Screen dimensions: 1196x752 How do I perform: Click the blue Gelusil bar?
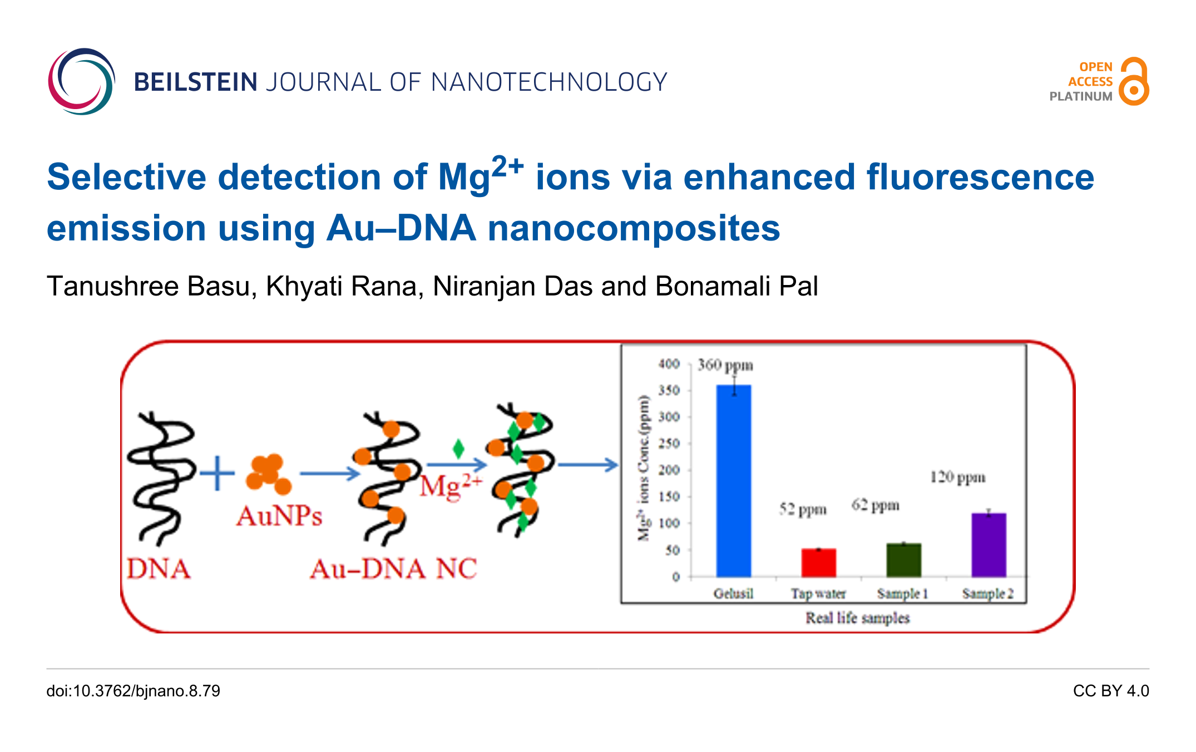point(734,480)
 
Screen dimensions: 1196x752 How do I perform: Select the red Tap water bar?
point(819,563)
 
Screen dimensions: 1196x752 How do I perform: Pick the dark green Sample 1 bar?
point(904,560)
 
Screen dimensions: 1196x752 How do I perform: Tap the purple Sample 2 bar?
point(989,545)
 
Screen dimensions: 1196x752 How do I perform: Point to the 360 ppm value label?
point(725,365)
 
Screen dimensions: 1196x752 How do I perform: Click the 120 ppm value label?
point(958,477)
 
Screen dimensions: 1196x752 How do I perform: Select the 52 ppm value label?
point(803,509)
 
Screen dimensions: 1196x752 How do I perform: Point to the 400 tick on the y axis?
point(669,363)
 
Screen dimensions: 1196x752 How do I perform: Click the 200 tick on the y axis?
point(669,470)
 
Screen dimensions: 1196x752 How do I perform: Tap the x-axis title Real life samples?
point(858,618)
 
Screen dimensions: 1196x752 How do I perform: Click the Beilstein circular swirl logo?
point(81,81)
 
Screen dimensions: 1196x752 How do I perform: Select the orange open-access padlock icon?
point(1134,81)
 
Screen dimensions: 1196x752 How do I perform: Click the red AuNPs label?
point(279,516)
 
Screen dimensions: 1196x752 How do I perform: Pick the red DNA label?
point(159,569)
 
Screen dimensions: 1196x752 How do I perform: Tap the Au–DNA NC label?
point(393,569)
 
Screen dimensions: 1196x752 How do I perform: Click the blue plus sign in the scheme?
point(217,474)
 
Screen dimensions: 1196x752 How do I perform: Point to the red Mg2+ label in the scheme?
point(451,486)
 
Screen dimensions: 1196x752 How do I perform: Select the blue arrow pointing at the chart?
point(588,465)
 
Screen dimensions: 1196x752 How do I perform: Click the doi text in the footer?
point(133,691)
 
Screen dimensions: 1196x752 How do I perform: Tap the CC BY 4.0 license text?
point(1111,691)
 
